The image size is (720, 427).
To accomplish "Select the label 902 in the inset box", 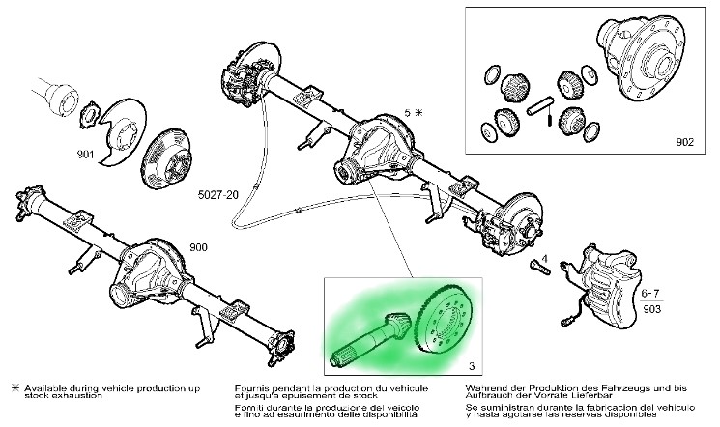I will point(685,141).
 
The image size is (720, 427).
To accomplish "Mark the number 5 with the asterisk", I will point(413,113).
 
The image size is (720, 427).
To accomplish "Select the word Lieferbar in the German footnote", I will point(598,397).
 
